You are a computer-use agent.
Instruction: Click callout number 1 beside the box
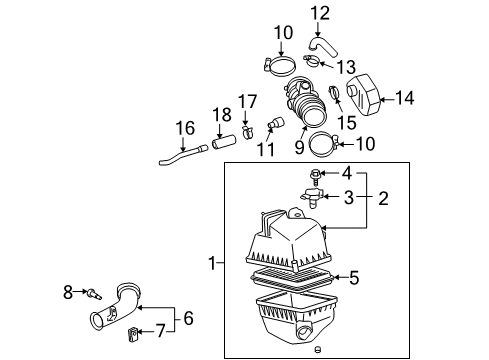211,263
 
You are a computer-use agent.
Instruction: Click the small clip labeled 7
133,331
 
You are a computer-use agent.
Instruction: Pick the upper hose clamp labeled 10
283,69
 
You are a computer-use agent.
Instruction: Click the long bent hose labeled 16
178,158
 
